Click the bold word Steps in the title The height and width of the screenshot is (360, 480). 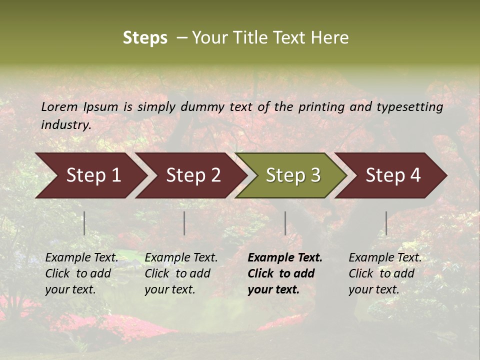click(145, 38)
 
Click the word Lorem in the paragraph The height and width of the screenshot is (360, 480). click(59, 107)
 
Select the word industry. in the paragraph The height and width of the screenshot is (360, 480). click(66, 125)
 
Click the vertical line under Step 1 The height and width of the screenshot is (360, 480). click(84, 223)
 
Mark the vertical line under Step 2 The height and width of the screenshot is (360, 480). click(184, 223)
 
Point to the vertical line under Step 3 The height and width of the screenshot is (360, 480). click(285, 223)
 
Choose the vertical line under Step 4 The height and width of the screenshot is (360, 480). click(386, 223)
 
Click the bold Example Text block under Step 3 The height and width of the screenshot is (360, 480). click(284, 273)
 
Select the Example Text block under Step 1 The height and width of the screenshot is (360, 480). click(81, 273)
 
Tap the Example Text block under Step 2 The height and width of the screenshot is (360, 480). click(181, 273)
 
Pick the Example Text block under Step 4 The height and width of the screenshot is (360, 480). click(385, 273)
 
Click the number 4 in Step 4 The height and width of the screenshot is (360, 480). click(415, 175)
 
